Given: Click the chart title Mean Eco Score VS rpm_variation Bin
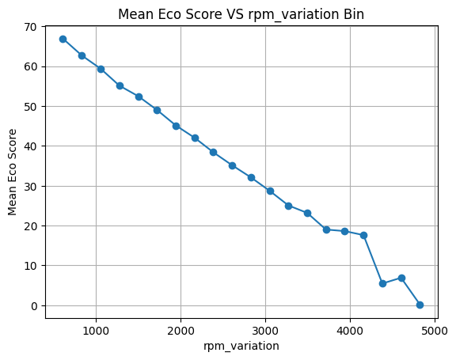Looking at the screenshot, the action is click(241, 14).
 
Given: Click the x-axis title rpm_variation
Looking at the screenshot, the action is click(241, 346).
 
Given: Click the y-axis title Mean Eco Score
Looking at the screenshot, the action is click(12, 172).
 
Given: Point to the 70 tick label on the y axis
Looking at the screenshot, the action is click(30, 27).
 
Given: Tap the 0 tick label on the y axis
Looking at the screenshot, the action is click(34, 306).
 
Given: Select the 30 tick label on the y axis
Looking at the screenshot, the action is click(30, 186).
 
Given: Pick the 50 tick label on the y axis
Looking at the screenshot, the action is click(30, 107).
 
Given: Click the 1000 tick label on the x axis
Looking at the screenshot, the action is click(96, 331).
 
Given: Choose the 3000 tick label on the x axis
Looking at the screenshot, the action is click(265, 331).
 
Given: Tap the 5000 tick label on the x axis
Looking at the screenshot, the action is click(435, 331).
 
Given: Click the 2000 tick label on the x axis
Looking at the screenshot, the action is click(180, 331).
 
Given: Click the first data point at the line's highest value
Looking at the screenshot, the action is click(63, 40).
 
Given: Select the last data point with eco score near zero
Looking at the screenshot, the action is click(420, 305).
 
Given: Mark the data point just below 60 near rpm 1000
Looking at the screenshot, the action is click(101, 69).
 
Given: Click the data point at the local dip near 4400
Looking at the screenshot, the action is click(382, 283).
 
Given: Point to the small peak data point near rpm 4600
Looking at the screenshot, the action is click(401, 278).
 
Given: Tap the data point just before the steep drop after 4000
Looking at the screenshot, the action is click(363, 235).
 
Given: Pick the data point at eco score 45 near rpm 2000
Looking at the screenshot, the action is click(176, 126).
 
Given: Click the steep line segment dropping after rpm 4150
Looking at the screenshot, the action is click(373, 260).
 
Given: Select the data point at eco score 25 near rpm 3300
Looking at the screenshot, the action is click(288, 206).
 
